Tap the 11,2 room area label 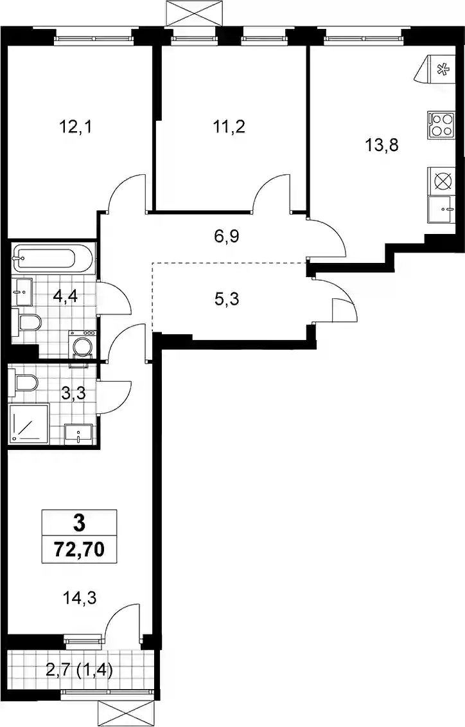pyautogui.click(x=229, y=126)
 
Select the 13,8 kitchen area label pyautogui.click(x=382, y=145)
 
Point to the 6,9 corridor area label pyautogui.click(x=226, y=237)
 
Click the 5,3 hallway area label pyautogui.click(x=227, y=300)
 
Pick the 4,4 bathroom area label pyautogui.click(x=65, y=295)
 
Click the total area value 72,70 pyautogui.click(x=79, y=550)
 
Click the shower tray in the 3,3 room pyautogui.click(x=29, y=423)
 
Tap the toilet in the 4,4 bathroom pyautogui.click(x=28, y=321)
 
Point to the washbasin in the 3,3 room pyautogui.click(x=79, y=434)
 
